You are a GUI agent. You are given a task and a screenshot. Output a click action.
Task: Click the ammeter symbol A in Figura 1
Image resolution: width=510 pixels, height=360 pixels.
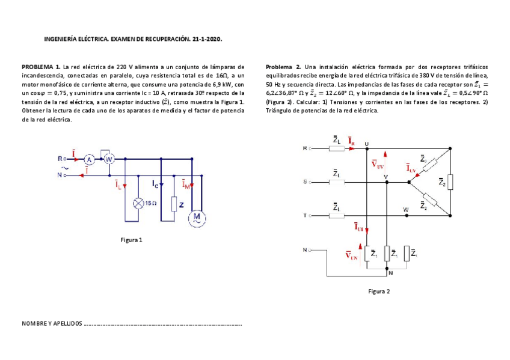88,159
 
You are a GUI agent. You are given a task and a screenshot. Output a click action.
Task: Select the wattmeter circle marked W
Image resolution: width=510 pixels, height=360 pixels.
109,159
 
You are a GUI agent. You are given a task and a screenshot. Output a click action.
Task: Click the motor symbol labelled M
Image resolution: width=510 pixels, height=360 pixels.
196,219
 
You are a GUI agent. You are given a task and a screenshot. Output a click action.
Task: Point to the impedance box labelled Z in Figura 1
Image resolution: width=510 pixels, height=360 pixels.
174,204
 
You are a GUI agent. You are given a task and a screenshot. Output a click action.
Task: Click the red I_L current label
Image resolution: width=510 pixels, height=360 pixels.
118,186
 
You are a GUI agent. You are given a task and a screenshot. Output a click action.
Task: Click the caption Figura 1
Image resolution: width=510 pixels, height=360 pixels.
131,240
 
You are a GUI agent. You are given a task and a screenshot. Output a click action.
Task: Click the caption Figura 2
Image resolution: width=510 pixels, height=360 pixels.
379,291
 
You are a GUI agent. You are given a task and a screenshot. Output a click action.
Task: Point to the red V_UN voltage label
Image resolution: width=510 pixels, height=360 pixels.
352,255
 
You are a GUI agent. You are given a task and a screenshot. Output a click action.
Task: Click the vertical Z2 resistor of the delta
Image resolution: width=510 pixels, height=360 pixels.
450,182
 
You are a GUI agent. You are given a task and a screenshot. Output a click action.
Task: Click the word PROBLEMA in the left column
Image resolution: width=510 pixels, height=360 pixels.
37,67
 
